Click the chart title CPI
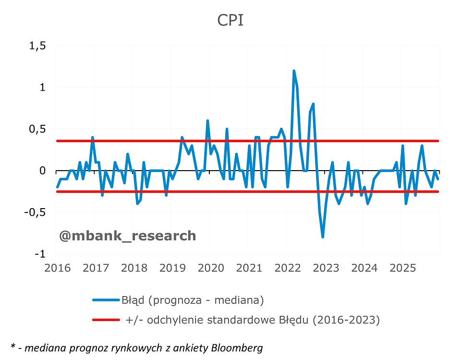[230, 21]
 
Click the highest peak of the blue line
[293, 71]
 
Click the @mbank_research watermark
[127, 236]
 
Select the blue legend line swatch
[106, 300]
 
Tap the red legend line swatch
[106, 320]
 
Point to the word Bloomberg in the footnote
[238, 348]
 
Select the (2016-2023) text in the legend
[346, 320]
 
